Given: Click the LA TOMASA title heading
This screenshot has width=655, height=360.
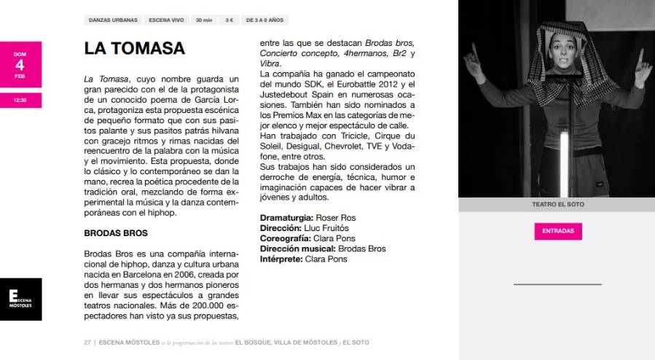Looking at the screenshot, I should tap(135, 49).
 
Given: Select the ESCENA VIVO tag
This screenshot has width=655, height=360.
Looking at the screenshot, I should tap(165, 20).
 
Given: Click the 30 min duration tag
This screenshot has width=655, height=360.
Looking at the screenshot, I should tap(204, 20).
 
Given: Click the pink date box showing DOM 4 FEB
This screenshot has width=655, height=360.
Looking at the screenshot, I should tap(20, 63).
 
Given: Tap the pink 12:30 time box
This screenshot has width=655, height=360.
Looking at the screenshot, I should tap(20, 100).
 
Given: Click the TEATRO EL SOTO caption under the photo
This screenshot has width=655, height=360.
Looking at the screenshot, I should tap(557, 205).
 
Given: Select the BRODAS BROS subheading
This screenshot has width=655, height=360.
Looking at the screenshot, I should tap(116, 233).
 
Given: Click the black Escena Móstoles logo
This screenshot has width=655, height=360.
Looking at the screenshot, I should tap(20, 299).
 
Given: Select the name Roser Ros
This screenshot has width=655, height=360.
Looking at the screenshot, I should tap(336, 218).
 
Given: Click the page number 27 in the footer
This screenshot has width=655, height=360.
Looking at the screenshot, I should tap(87, 341).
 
